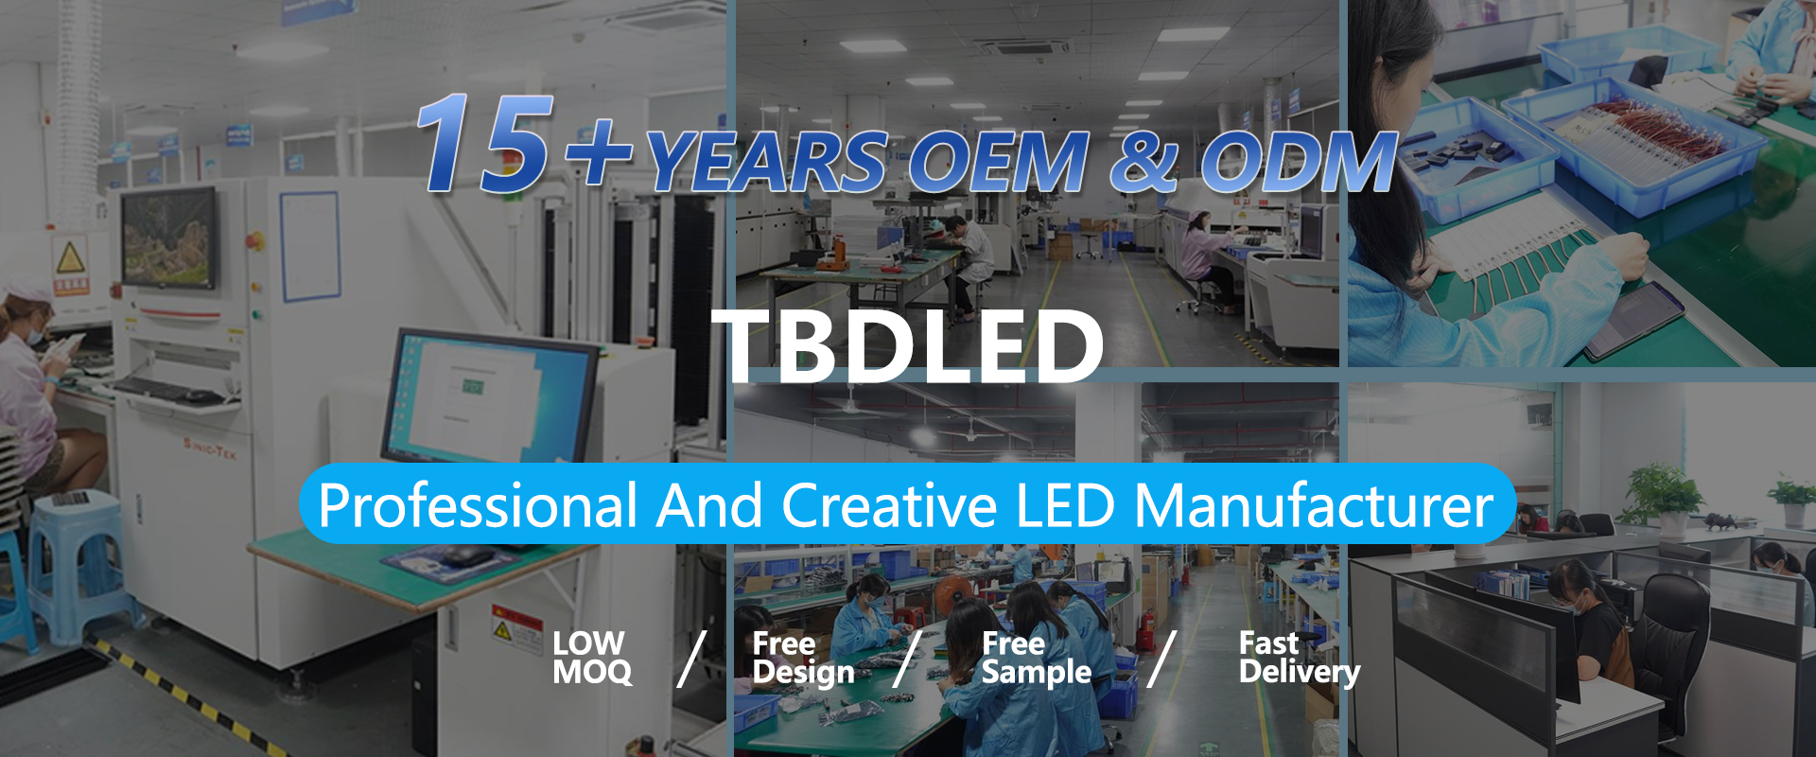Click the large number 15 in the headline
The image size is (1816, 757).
click(484, 143)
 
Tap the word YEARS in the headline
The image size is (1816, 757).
click(767, 162)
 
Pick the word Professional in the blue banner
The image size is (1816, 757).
click(478, 505)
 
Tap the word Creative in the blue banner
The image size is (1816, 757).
click(889, 505)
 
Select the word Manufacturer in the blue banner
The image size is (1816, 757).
click(1314, 505)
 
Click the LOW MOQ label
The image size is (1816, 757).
click(592, 658)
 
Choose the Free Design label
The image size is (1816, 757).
click(803, 658)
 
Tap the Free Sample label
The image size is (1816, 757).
click(1037, 658)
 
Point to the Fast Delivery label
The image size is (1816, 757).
click(1300, 658)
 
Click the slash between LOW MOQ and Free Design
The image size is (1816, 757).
click(692, 659)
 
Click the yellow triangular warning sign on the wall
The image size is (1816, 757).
click(71, 257)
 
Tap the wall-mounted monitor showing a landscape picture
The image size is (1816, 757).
click(168, 238)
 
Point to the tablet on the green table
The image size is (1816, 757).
click(1634, 319)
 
